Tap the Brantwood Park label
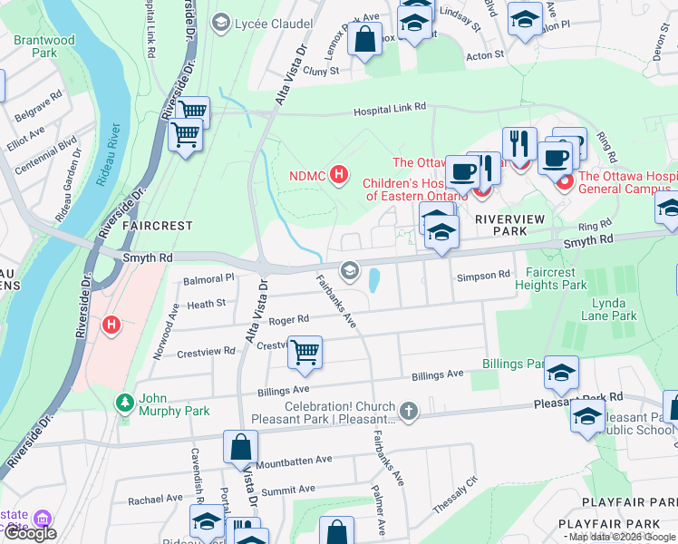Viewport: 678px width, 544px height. (43, 47)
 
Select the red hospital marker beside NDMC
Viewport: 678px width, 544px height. (340, 174)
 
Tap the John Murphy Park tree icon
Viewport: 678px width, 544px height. (124, 400)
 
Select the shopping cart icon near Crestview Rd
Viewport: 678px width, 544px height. (305, 351)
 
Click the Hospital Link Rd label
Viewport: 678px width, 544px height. (389, 108)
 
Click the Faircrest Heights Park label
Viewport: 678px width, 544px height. (569, 277)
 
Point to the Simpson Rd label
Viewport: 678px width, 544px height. (484, 276)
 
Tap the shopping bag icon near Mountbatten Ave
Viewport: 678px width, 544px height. (242, 446)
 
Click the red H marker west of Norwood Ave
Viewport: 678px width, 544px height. (111, 324)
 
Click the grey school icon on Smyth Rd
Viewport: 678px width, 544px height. (349, 270)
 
